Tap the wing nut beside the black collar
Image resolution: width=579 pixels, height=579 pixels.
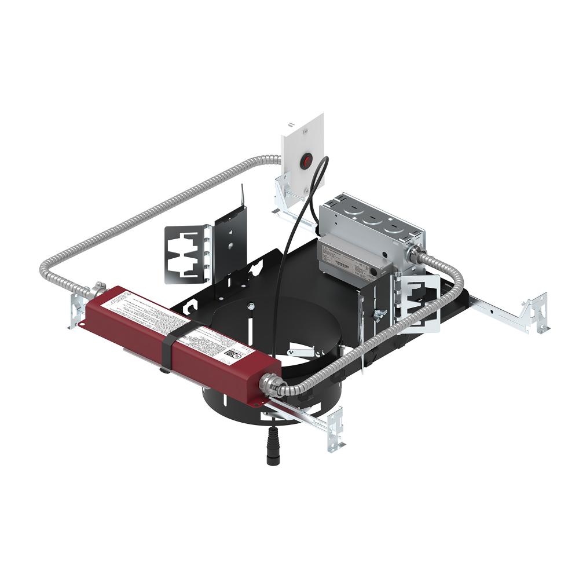380,314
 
